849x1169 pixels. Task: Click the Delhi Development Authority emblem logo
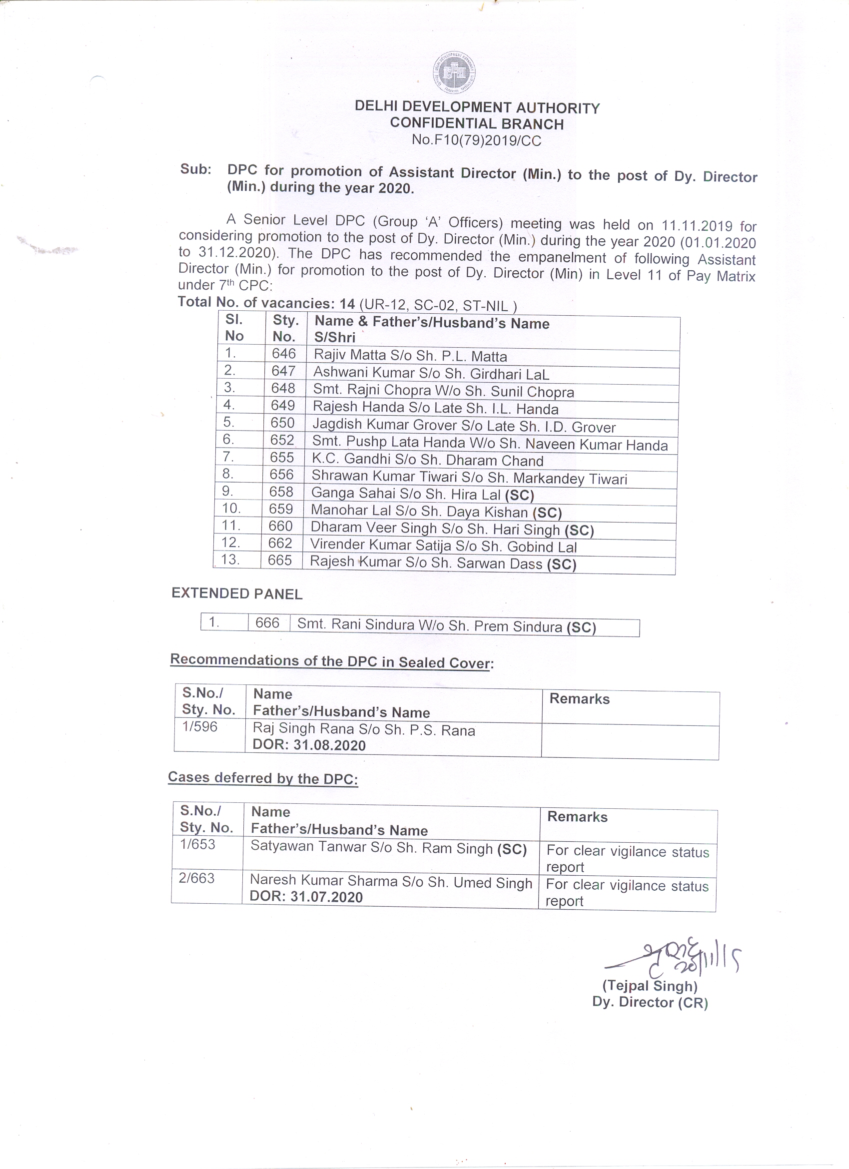click(x=454, y=72)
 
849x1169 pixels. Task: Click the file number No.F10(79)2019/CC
click(x=476, y=140)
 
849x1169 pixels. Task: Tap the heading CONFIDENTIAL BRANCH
click(x=477, y=124)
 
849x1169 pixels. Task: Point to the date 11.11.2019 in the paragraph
click(x=697, y=226)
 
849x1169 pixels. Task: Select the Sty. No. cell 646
click(x=283, y=354)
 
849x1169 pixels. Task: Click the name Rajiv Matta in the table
click(x=350, y=355)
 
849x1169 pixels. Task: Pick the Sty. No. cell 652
click(x=282, y=440)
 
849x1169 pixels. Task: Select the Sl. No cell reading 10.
click(x=231, y=508)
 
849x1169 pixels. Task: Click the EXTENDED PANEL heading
click(x=237, y=594)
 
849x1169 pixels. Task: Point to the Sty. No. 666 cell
click(x=267, y=622)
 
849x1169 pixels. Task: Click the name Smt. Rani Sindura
click(x=356, y=624)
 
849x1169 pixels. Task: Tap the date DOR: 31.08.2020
click(x=309, y=745)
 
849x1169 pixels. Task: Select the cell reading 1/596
click(x=199, y=727)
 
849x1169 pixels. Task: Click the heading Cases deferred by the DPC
click(x=263, y=778)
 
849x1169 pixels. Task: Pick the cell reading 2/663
click(x=196, y=878)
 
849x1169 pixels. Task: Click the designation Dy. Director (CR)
click(x=650, y=1002)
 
